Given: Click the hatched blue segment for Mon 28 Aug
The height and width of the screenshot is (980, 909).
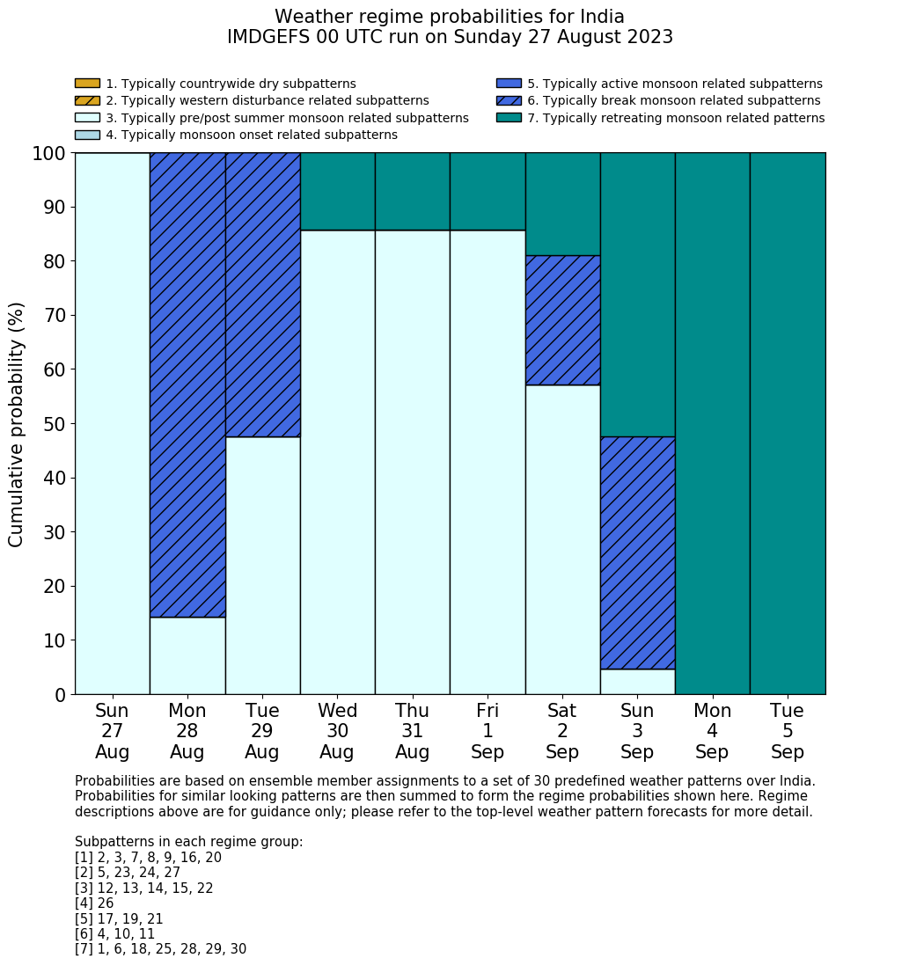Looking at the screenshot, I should pyautogui.click(x=187, y=384).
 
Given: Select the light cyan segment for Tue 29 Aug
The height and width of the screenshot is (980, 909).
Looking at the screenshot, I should pyautogui.click(x=262, y=565).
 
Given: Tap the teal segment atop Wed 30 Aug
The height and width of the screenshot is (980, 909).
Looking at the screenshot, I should pyautogui.click(x=338, y=191).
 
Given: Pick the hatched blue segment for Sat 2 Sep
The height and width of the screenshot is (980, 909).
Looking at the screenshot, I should pyautogui.click(x=562, y=320).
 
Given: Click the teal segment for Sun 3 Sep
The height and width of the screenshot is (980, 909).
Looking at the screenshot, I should pyautogui.click(x=637, y=294).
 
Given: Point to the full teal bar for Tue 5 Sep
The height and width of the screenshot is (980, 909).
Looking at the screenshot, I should pyautogui.click(x=788, y=423).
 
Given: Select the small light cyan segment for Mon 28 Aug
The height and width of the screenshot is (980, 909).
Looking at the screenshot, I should pyautogui.click(x=187, y=655).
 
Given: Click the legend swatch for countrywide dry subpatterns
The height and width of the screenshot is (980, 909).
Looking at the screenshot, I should pyautogui.click(x=87, y=84).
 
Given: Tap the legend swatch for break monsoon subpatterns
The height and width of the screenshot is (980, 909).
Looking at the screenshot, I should pyautogui.click(x=509, y=101).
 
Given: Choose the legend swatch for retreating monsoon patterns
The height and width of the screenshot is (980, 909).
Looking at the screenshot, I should pyautogui.click(x=509, y=118).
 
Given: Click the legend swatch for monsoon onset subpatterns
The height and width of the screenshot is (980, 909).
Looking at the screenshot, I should pyautogui.click(x=87, y=135).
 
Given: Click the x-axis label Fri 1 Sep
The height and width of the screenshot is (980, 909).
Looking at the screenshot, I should pyautogui.click(x=487, y=731).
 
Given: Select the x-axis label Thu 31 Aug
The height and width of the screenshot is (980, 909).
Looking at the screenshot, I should pyautogui.click(x=413, y=731).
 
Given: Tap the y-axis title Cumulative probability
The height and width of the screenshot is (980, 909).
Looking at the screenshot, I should pyautogui.click(x=17, y=424).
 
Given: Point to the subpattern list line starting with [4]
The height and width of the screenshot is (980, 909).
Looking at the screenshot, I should pyautogui.click(x=94, y=903).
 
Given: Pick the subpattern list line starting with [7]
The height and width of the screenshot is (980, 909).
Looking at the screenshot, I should pyautogui.click(x=160, y=949).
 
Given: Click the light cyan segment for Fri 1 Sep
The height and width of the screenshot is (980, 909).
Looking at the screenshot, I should pyautogui.click(x=487, y=462).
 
